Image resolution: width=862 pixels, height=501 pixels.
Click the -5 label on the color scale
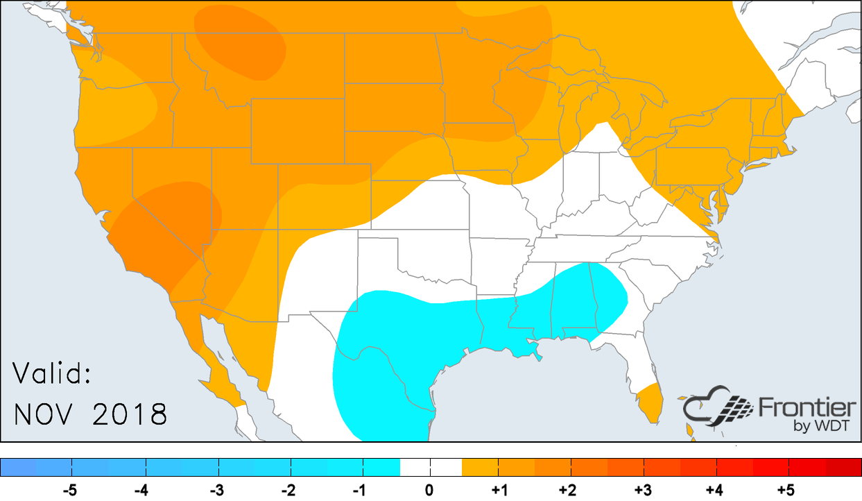[69, 491]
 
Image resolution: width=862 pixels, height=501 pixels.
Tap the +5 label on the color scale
[785, 491]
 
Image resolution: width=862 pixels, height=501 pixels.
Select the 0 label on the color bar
[430, 491]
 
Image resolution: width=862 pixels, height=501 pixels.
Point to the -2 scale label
[288, 491]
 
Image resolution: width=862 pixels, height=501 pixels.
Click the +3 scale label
[643, 491]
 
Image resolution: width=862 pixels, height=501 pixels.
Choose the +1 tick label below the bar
[499, 491]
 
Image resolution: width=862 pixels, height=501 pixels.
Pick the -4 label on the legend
[141, 491]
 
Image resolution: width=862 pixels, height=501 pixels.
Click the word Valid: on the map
[53, 375]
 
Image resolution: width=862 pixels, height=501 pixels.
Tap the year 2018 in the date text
[130, 414]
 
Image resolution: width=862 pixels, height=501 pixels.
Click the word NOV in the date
[46, 414]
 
